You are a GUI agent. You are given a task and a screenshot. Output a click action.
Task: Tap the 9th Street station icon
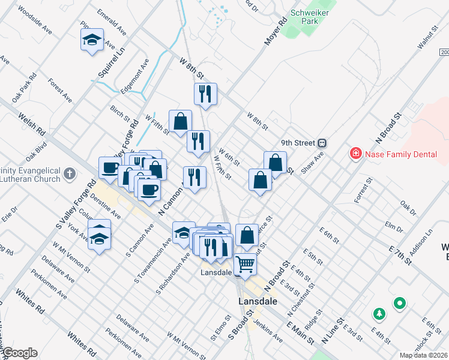tap(322, 143)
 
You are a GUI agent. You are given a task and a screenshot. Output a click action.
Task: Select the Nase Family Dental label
tap(401, 154)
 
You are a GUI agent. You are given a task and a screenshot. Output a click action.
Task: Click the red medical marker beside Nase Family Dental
tap(355, 154)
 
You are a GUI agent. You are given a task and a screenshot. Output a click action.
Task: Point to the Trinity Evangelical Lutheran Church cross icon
tap(70, 174)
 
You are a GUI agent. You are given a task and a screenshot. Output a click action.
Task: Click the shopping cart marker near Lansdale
tap(245, 263)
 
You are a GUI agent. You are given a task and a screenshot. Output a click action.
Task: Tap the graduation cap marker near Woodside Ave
tap(91, 40)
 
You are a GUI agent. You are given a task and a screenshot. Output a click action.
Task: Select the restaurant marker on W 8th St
tap(205, 94)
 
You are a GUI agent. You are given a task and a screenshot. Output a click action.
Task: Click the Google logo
tap(20, 353)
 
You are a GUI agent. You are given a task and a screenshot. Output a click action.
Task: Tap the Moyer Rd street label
tap(273, 34)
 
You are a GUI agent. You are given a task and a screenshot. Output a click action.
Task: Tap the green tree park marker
tap(379, 314)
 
